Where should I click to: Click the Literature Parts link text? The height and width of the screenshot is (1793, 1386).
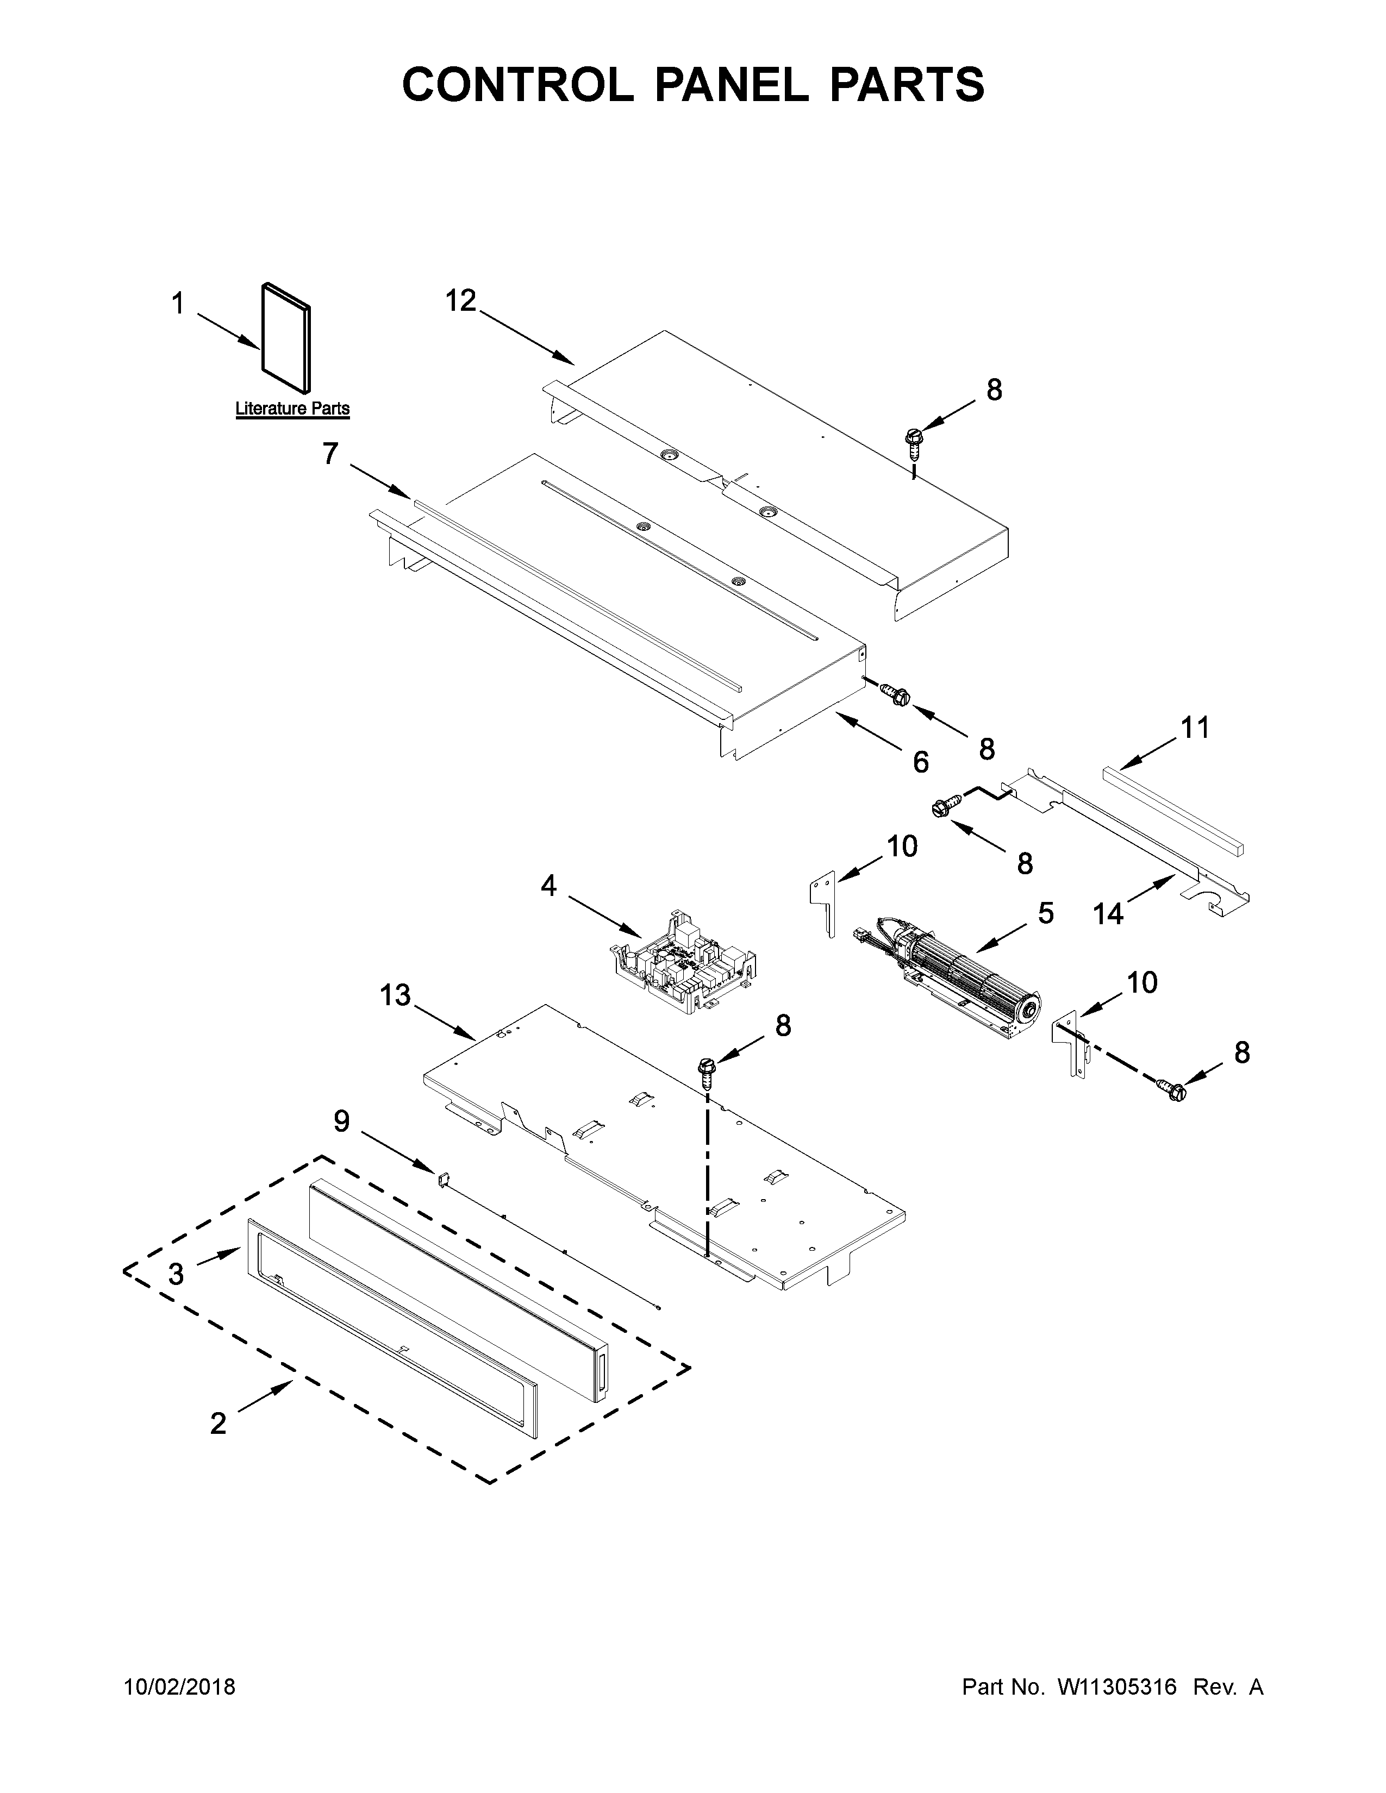pyautogui.click(x=292, y=408)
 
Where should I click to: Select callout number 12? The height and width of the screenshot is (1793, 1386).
pyautogui.click(x=460, y=302)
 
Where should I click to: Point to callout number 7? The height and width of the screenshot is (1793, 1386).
pyautogui.click(x=330, y=453)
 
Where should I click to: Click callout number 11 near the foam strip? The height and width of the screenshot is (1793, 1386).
pyautogui.click(x=1195, y=728)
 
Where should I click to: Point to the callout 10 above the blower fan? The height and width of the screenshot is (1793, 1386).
pyautogui.click(x=902, y=845)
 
